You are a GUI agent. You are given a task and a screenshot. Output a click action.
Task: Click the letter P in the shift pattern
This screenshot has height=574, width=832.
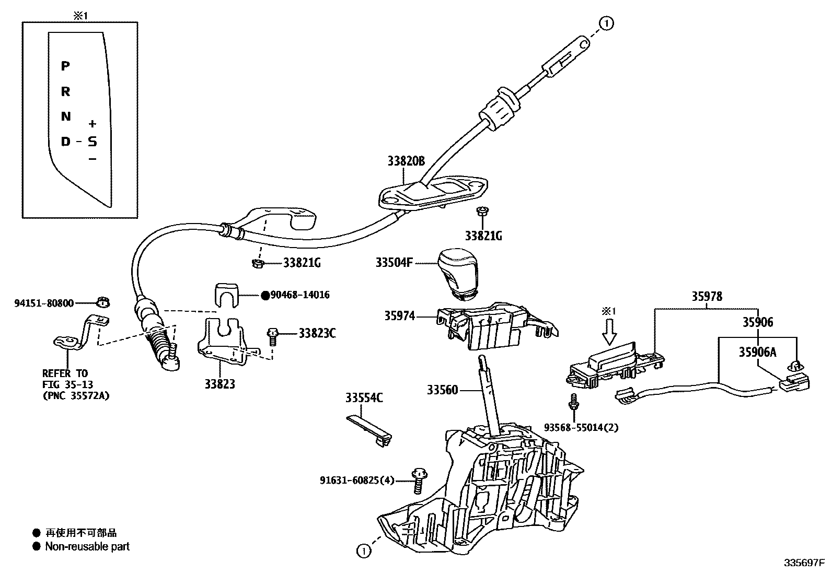[x=65, y=66]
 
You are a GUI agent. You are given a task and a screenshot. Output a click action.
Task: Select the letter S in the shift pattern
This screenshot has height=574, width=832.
[x=93, y=142]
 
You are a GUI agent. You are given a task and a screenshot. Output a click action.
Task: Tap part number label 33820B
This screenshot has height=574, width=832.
[x=406, y=161]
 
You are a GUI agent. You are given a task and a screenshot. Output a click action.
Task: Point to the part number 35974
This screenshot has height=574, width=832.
[x=399, y=315]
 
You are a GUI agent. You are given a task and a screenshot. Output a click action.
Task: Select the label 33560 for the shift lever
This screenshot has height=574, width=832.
[x=442, y=390]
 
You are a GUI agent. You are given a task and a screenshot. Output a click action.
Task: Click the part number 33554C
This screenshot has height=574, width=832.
[x=364, y=399]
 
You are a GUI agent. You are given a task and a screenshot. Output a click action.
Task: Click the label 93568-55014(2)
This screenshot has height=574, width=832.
[x=581, y=427]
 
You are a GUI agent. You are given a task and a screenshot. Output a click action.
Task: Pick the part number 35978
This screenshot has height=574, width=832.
[x=707, y=297]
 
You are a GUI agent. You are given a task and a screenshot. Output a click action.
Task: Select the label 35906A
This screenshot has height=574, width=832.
[x=757, y=353]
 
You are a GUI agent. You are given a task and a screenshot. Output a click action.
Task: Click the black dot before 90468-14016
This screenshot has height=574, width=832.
[x=265, y=296]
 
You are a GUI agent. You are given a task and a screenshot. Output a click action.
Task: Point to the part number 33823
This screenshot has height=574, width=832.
[x=219, y=384]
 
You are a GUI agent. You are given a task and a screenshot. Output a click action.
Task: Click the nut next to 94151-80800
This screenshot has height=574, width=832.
[x=103, y=302]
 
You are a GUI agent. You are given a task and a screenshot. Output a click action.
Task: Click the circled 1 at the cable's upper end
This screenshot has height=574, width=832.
[x=606, y=23]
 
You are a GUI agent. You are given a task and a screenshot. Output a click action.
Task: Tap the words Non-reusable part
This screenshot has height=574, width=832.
[x=87, y=547]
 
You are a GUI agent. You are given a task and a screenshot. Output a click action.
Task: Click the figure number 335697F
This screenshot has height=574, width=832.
[x=803, y=564]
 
